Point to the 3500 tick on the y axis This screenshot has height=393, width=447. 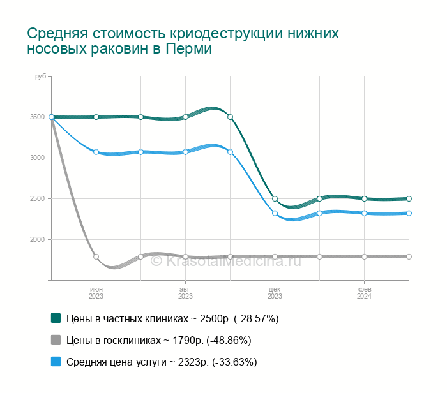tap(37, 117)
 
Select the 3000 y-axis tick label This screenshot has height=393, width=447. tap(37, 158)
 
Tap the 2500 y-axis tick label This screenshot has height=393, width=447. tap(37, 198)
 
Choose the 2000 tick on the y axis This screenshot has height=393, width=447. tap(37, 239)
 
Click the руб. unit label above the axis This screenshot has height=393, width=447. tap(41, 77)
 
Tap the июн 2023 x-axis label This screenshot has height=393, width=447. tap(96, 292)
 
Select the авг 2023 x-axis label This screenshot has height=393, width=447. tap(185, 292)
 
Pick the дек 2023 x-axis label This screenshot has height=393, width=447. tap(275, 292)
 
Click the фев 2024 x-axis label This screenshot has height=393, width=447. tap(364, 292)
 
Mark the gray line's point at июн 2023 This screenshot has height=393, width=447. tap(96, 256)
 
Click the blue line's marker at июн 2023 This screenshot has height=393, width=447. tap(96, 152)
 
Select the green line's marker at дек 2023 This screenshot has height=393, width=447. tap(275, 198)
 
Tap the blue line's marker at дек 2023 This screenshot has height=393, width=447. tap(275, 213)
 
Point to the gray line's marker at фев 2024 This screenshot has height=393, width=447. tap(364, 256)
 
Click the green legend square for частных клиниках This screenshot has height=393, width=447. tap(56, 318)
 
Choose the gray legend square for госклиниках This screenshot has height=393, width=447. tap(56, 339)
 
